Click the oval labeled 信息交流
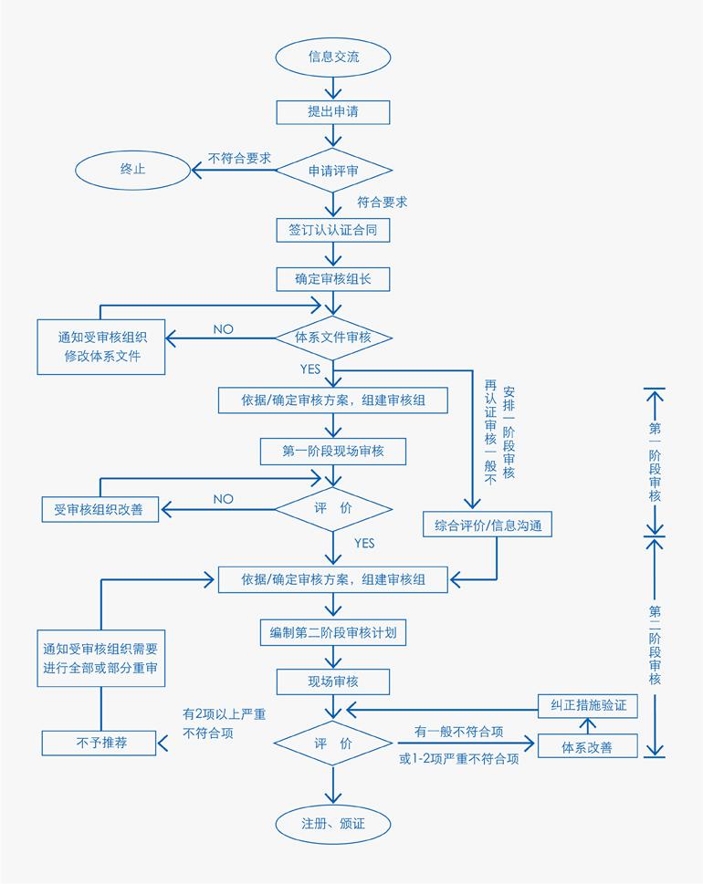[333, 57]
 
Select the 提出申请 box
[333, 111]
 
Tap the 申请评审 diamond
[333, 171]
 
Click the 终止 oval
[132, 170]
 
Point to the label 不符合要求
[240, 158]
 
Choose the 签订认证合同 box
[333, 231]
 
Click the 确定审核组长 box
[333, 278]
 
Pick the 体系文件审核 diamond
[333, 338]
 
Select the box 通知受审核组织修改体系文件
[101, 346]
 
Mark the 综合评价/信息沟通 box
[488, 525]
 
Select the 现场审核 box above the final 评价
[333, 681]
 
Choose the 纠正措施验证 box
[587, 705]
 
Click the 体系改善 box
[587, 747]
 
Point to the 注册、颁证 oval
[333, 823]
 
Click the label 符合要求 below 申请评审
[383, 202]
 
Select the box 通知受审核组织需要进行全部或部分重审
[100, 660]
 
